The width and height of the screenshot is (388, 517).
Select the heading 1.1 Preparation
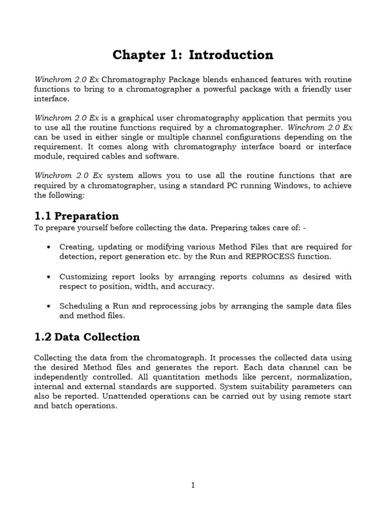(77, 216)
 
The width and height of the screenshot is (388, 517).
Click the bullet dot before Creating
(48, 247)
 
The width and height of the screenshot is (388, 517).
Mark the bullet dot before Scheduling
(48, 306)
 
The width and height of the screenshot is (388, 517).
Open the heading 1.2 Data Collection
(87, 337)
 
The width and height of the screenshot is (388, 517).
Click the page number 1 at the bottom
(193, 486)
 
